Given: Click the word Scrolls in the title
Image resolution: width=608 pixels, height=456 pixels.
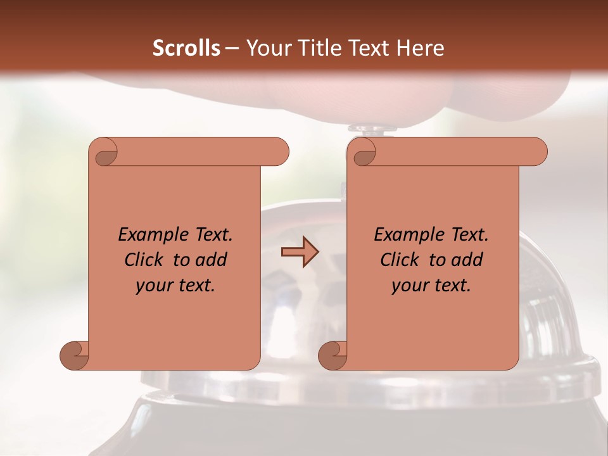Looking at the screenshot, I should [186, 48].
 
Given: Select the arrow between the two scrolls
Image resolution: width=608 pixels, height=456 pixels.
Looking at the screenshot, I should [300, 252].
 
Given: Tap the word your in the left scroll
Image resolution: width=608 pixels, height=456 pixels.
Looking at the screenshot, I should [153, 286].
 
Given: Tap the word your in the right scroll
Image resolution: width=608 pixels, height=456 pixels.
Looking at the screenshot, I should [408, 286].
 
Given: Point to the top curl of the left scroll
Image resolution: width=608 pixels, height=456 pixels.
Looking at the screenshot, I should [104, 153].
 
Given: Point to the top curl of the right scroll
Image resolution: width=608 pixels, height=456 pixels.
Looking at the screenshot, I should [362, 153].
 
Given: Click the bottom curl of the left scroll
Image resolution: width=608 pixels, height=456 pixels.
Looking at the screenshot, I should [74, 355].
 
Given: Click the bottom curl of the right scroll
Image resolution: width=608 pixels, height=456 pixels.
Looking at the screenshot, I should [332, 355].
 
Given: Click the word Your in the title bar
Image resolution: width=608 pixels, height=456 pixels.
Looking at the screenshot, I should [267, 48].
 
